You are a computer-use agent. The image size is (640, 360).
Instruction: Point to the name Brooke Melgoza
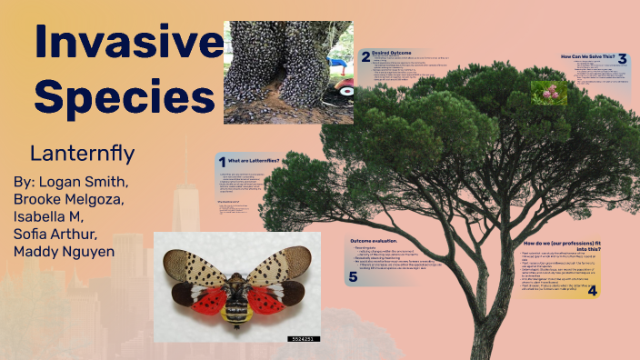tap(69, 199)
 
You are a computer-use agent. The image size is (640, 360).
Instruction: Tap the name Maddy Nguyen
tap(64, 251)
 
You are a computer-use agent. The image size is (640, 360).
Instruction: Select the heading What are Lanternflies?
tap(257, 161)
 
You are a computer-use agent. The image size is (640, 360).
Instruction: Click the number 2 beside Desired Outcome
tap(365, 56)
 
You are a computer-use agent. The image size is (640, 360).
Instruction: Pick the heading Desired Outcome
tap(394, 54)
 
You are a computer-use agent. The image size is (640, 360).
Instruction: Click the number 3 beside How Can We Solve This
tap(622, 59)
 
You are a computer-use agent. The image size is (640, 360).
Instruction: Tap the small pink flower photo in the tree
tap(549, 92)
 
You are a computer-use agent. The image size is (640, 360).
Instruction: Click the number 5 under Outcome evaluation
tap(352, 277)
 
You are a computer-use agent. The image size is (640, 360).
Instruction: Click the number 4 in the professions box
tap(592, 290)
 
